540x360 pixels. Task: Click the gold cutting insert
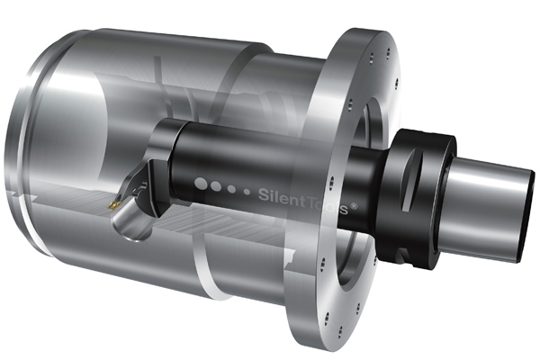click(x=113, y=205)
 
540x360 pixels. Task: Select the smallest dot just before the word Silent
click(x=247, y=192)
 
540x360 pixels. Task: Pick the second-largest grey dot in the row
click(x=216, y=186)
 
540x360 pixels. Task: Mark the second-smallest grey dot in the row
click(x=232, y=189)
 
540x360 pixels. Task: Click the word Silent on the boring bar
click(x=282, y=197)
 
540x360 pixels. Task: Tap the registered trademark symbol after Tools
click(x=354, y=206)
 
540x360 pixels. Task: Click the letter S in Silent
click(x=264, y=194)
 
